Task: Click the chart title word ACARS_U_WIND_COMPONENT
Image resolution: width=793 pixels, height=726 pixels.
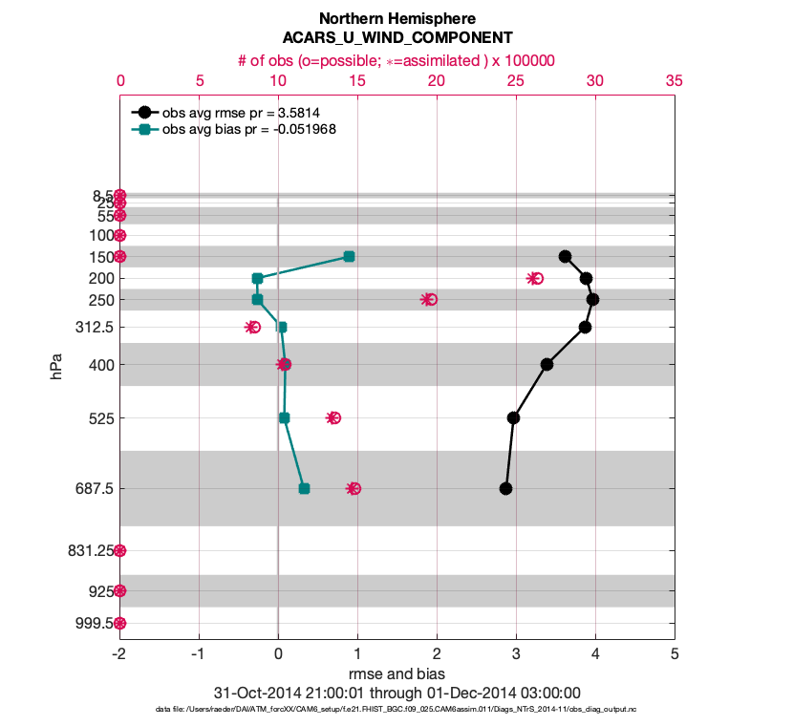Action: click(x=396, y=37)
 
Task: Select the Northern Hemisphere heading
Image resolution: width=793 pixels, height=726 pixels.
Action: click(x=396, y=18)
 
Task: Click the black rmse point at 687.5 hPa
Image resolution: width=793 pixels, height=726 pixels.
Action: click(x=505, y=488)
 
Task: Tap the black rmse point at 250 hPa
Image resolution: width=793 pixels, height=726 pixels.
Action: click(x=592, y=299)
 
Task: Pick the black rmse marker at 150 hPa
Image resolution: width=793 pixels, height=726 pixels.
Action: click(x=565, y=256)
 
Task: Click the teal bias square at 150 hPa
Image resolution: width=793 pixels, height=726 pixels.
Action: click(x=349, y=256)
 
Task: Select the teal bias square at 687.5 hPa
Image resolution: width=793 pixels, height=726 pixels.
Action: click(x=304, y=488)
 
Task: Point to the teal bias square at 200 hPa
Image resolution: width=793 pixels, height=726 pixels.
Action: click(x=257, y=278)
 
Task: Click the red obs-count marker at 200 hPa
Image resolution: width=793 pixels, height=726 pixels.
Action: click(x=535, y=278)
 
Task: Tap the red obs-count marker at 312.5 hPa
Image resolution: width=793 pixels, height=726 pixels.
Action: click(x=252, y=327)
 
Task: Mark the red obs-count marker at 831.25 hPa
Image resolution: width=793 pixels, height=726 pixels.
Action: click(x=119, y=550)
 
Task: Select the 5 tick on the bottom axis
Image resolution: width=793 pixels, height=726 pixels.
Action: click(x=675, y=654)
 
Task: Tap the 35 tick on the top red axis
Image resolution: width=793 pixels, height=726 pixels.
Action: click(x=675, y=81)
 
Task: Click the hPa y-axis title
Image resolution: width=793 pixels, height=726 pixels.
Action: click(x=58, y=364)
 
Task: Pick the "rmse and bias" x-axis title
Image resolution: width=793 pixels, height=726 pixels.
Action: click(x=396, y=673)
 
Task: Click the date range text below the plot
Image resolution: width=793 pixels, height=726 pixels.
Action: click(x=396, y=693)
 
